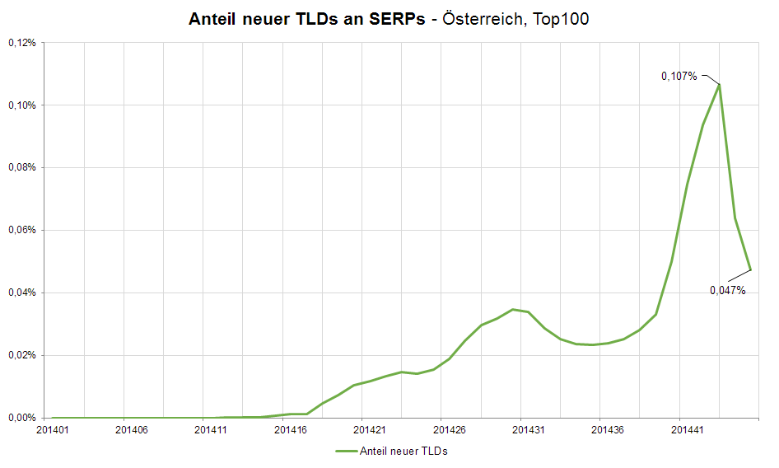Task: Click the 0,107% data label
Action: pyautogui.click(x=679, y=76)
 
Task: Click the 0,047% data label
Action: pyautogui.click(x=728, y=290)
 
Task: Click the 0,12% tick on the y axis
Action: pyautogui.click(x=21, y=43)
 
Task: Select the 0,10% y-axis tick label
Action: pyautogui.click(x=21, y=105)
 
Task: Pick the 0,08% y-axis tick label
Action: pyautogui.click(x=21, y=168)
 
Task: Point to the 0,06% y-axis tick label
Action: pyautogui.click(x=21, y=231)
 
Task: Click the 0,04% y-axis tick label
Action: pyautogui.click(x=21, y=293)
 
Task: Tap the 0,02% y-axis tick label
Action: pyautogui.click(x=21, y=356)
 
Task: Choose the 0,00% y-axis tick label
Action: pyautogui.click(x=21, y=418)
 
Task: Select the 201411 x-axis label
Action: pyautogui.click(x=211, y=429)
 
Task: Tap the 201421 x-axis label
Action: pyautogui.click(x=370, y=429)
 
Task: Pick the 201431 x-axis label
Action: pyautogui.click(x=529, y=429)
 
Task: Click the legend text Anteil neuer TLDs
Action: pyautogui.click(x=403, y=451)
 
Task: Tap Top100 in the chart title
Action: pyautogui.click(x=561, y=19)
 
